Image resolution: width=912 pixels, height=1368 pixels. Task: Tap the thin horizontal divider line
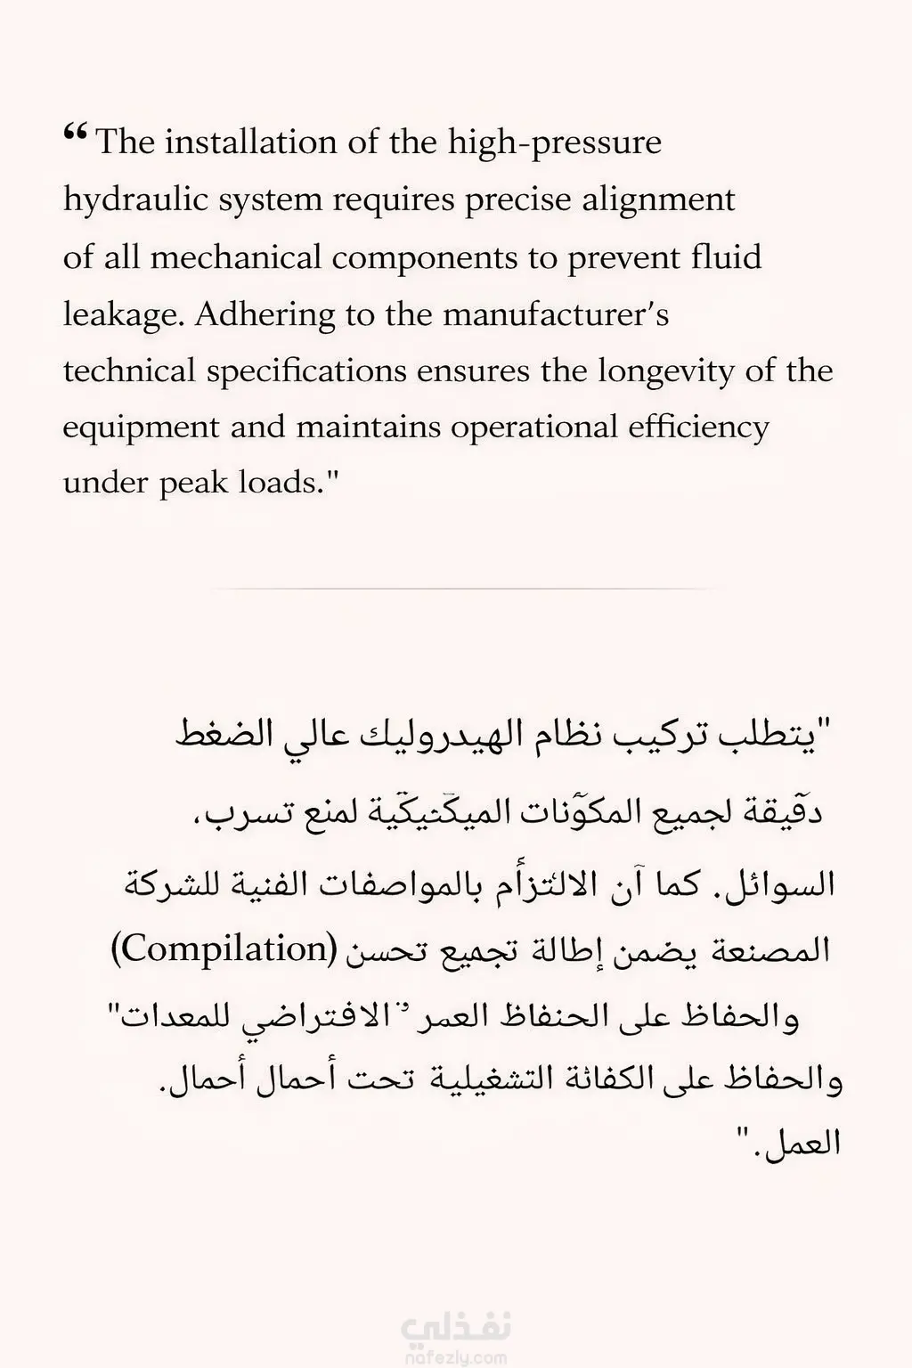point(456,589)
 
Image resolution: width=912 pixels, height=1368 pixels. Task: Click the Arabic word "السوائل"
point(784,883)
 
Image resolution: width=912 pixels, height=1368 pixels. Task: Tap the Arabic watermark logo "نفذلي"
point(457,1329)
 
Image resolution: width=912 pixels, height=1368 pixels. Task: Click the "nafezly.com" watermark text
point(457,1358)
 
